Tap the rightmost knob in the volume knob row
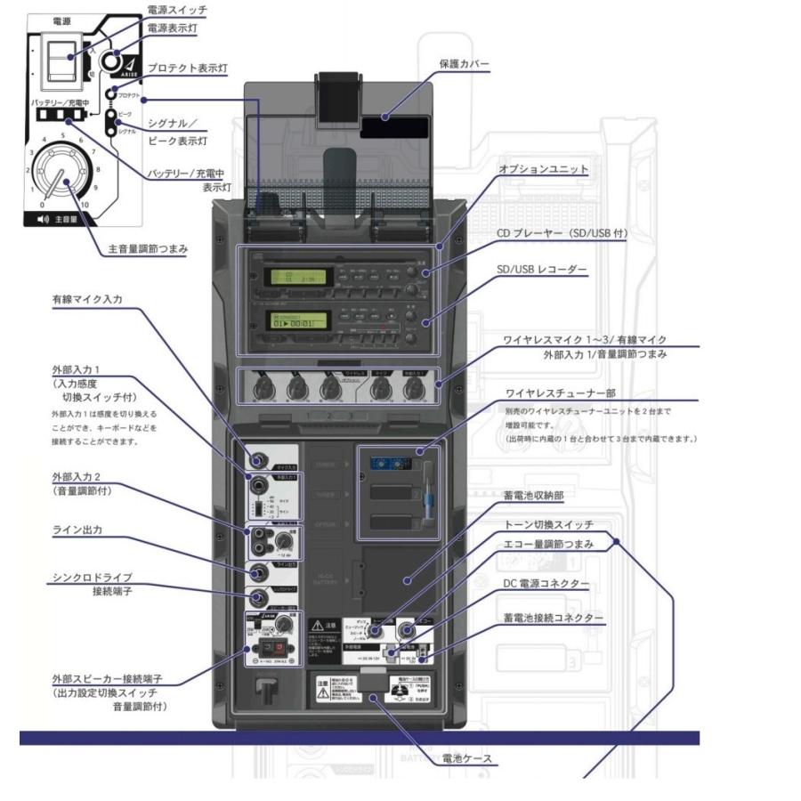point(413,388)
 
